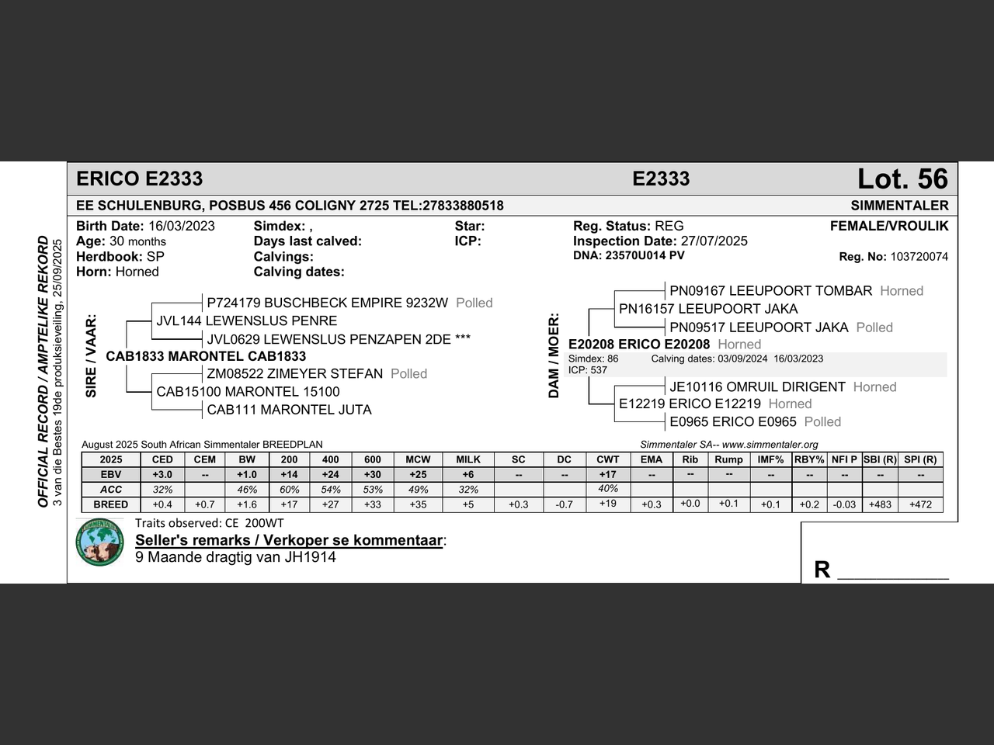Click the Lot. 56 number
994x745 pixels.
pyautogui.click(x=902, y=179)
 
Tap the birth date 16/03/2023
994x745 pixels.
pyautogui.click(x=182, y=227)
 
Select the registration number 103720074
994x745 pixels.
pyautogui.click(x=919, y=257)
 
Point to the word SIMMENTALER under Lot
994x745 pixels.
pyautogui.click(x=899, y=206)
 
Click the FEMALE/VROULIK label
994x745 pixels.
pyautogui.click(x=889, y=227)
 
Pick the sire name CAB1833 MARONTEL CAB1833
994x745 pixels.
pyautogui.click(x=206, y=357)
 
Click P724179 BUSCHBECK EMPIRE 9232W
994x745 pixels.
pyautogui.click(x=328, y=303)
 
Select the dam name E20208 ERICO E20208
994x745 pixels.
pyautogui.click(x=639, y=345)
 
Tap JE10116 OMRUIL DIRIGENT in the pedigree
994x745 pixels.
pyautogui.click(x=757, y=387)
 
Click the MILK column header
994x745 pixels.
pyautogui.click(x=468, y=459)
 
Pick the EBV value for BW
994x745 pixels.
pyautogui.click(x=247, y=474)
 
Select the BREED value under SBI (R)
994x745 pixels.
pyautogui.click(x=880, y=504)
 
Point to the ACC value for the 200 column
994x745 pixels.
pyautogui.click(x=290, y=490)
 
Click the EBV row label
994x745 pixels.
pyautogui.click(x=111, y=474)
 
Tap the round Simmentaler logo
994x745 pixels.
pyautogui.click(x=100, y=542)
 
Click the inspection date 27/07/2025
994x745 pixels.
pyautogui.click(x=714, y=241)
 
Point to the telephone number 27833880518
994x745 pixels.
pyautogui.click(x=462, y=206)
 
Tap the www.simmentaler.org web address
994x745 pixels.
pyautogui.click(x=770, y=445)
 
